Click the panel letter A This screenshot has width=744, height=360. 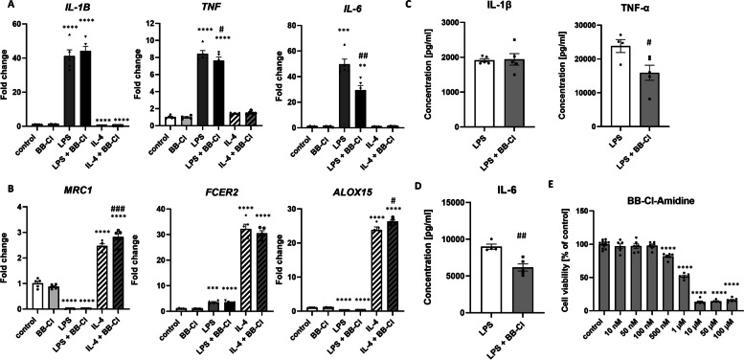[x=7, y=7]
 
